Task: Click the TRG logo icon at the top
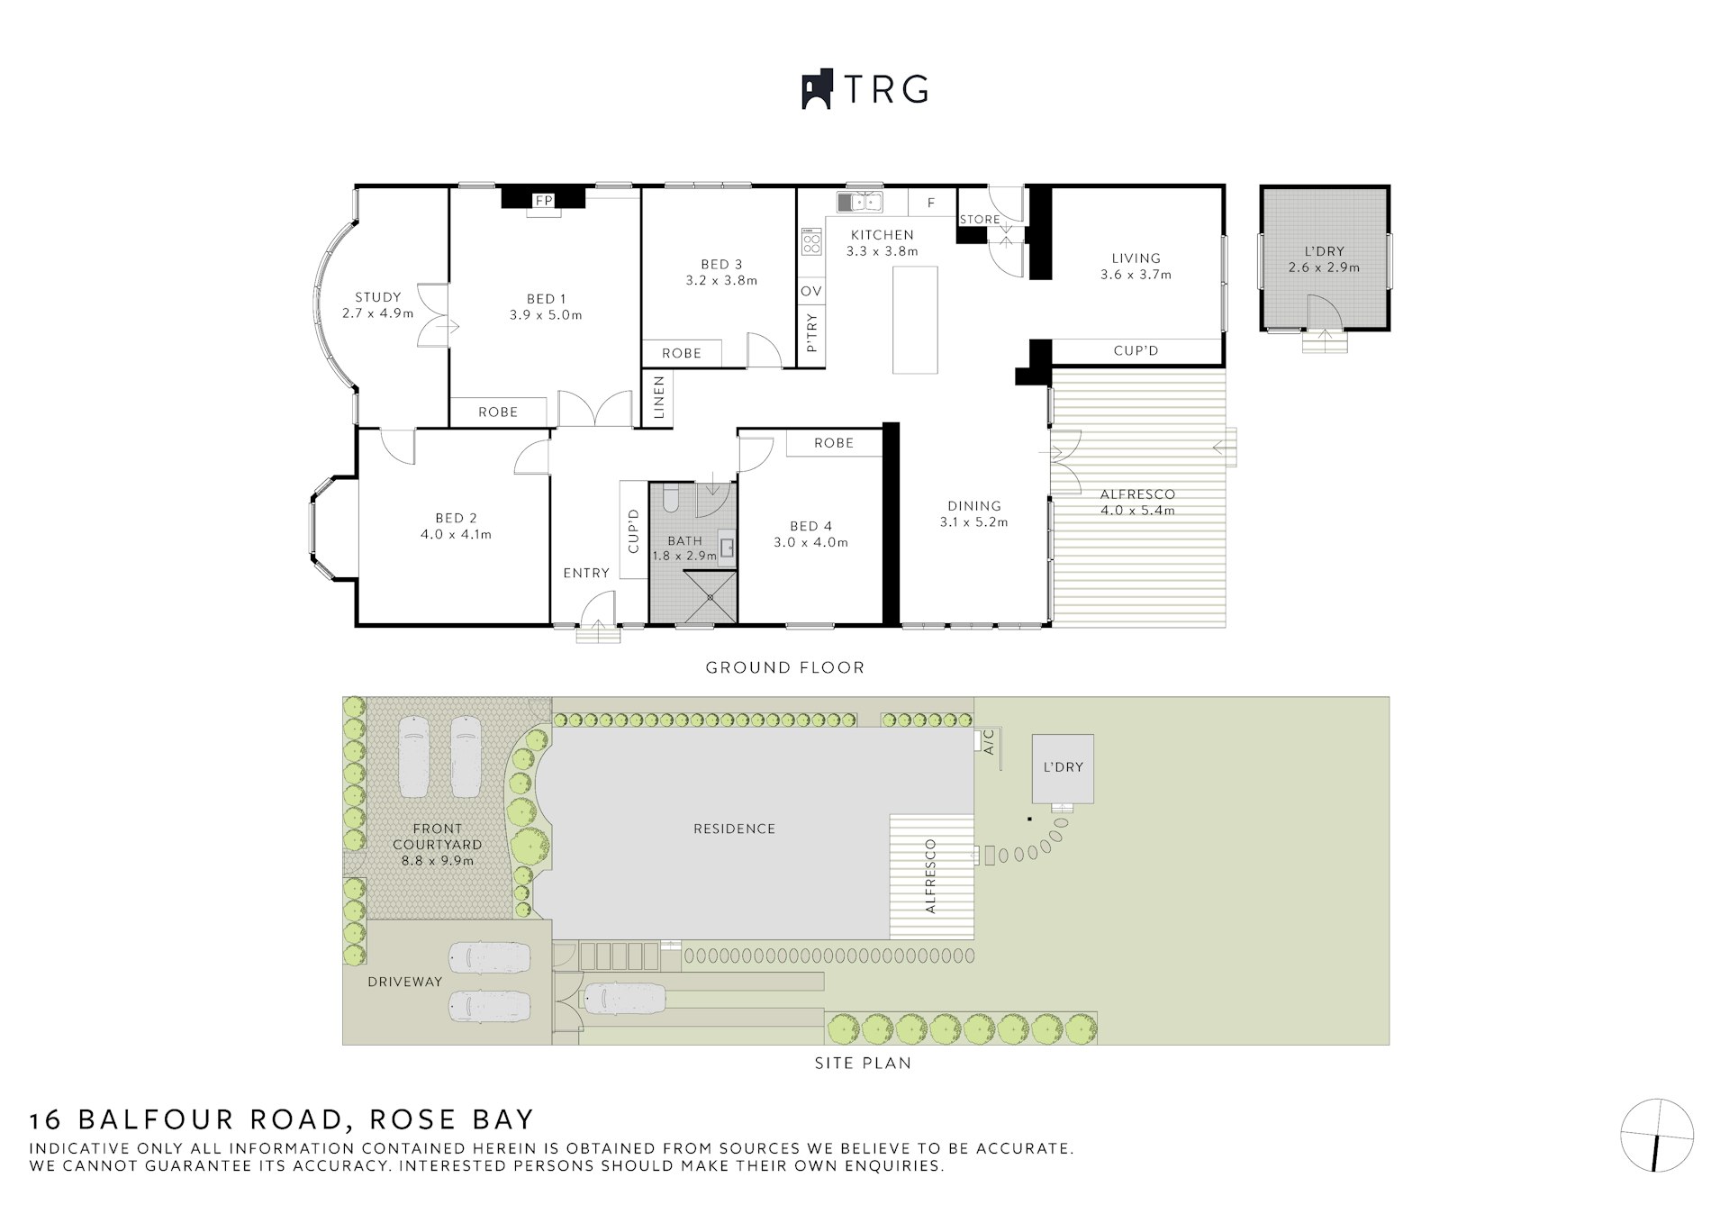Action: [817, 90]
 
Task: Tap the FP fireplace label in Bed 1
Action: [543, 201]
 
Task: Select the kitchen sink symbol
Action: [860, 202]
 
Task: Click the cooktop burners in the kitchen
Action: [811, 241]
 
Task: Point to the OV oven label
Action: [810, 291]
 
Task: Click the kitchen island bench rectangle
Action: [915, 320]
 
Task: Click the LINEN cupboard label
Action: [658, 397]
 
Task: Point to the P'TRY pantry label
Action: [811, 332]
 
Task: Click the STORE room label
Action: [980, 219]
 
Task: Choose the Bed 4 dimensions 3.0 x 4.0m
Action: [810, 542]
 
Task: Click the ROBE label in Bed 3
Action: [681, 353]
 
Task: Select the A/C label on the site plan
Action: [988, 742]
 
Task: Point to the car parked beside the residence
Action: [625, 998]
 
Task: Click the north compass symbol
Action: [1656, 1135]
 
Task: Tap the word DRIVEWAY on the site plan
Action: [404, 982]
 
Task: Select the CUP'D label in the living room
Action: [1136, 350]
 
